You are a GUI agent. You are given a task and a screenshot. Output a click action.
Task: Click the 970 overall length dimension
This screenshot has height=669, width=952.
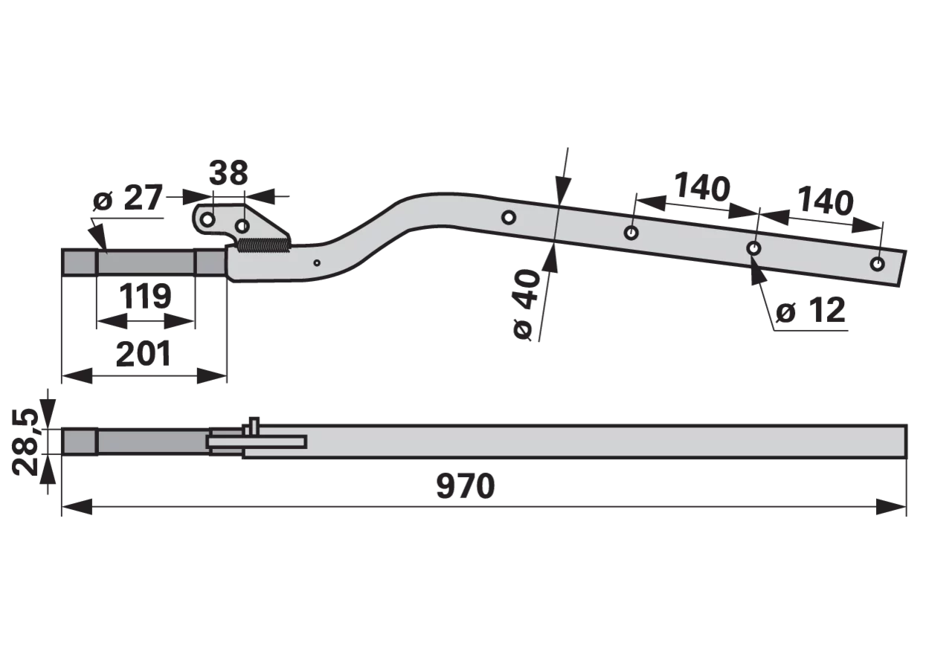(466, 486)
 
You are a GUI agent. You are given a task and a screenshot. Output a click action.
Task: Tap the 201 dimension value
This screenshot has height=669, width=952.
(144, 353)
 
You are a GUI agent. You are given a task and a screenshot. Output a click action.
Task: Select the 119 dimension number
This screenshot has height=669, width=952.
(145, 296)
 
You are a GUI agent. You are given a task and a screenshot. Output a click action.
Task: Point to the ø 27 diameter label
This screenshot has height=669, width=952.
(128, 197)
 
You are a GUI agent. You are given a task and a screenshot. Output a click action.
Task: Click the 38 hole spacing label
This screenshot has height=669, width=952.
(228, 173)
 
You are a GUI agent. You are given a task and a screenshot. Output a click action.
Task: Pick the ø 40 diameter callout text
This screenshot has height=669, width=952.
(527, 304)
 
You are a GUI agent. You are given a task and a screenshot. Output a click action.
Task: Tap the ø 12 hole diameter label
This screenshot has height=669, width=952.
(811, 311)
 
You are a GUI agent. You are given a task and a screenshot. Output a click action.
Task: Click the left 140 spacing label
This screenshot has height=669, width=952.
(702, 187)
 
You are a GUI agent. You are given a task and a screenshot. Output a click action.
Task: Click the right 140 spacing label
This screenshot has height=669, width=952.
(826, 201)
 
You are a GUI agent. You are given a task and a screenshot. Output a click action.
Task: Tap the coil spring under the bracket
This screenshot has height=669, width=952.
(264, 245)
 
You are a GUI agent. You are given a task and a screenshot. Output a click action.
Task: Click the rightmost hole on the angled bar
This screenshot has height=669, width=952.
(877, 264)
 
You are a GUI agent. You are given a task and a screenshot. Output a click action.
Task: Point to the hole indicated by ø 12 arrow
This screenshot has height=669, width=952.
(754, 248)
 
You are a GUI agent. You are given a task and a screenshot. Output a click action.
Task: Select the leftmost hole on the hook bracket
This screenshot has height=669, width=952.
(208, 219)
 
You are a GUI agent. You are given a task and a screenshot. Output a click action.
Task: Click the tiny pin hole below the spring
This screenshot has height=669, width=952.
(317, 263)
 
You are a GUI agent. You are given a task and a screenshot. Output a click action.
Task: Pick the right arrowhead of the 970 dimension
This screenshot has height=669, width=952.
(891, 507)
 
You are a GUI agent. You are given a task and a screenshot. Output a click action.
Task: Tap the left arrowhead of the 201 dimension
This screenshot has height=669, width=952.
(77, 376)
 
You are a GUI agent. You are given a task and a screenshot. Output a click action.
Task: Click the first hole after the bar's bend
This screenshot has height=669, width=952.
(509, 218)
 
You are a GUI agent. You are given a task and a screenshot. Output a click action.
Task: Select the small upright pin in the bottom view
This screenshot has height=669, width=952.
(254, 426)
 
